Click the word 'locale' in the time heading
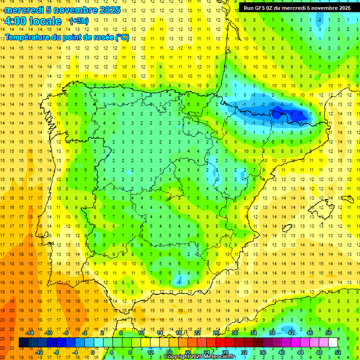click(x=45, y=21)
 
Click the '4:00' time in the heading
click(x=15, y=21)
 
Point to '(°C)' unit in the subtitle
click(x=122, y=37)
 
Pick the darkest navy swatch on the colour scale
click(x=23, y=343)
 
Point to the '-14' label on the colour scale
click(x=30, y=333)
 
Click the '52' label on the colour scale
click(x=338, y=352)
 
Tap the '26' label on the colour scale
click(x=216, y=333)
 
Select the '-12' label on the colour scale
click(x=39, y=352)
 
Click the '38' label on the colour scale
click(x=272, y=333)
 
